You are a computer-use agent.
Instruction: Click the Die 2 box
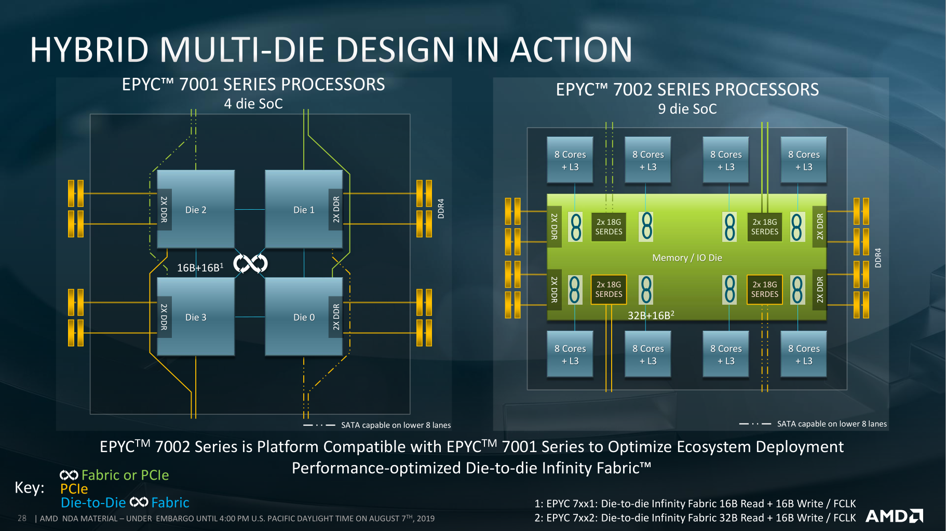pyautogui.click(x=196, y=210)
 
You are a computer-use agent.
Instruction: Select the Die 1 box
pyautogui.click(x=304, y=210)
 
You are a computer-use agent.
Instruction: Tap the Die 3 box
pyautogui.click(x=196, y=317)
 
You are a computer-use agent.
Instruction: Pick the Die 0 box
pyautogui.click(x=304, y=317)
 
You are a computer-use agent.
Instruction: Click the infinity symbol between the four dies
pyautogui.click(x=250, y=264)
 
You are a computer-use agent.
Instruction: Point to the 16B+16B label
pyautogui.click(x=200, y=268)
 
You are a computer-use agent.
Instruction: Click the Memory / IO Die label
pyautogui.click(x=687, y=258)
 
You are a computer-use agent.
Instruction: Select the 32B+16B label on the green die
pyautogui.click(x=651, y=315)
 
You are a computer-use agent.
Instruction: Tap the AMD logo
pyautogui.click(x=894, y=516)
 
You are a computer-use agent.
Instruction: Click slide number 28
pyautogui.click(x=22, y=518)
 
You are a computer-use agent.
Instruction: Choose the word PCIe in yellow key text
pyautogui.click(x=74, y=489)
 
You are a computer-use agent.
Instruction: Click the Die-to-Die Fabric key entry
pyautogui.click(x=125, y=502)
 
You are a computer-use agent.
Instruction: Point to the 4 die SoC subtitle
pyautogui.click(x=253, y=104)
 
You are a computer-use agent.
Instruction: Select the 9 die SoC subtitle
pyautogui.click(x=687, y=109)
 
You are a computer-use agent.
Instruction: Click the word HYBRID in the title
pyautogui.click(x=89, y=50)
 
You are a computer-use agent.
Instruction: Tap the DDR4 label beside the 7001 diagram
pyautogui.click(x=441, y=208)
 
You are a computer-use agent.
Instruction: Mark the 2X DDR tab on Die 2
pyautogui.click(x=164, y=209)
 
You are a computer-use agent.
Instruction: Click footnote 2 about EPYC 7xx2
pyautogui.click(x=695, y=518)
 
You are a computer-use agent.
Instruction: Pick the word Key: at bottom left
pyautogui.click(x=30, y=488)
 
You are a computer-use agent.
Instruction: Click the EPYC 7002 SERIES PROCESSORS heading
pyautogui.click(x=687, y=89)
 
